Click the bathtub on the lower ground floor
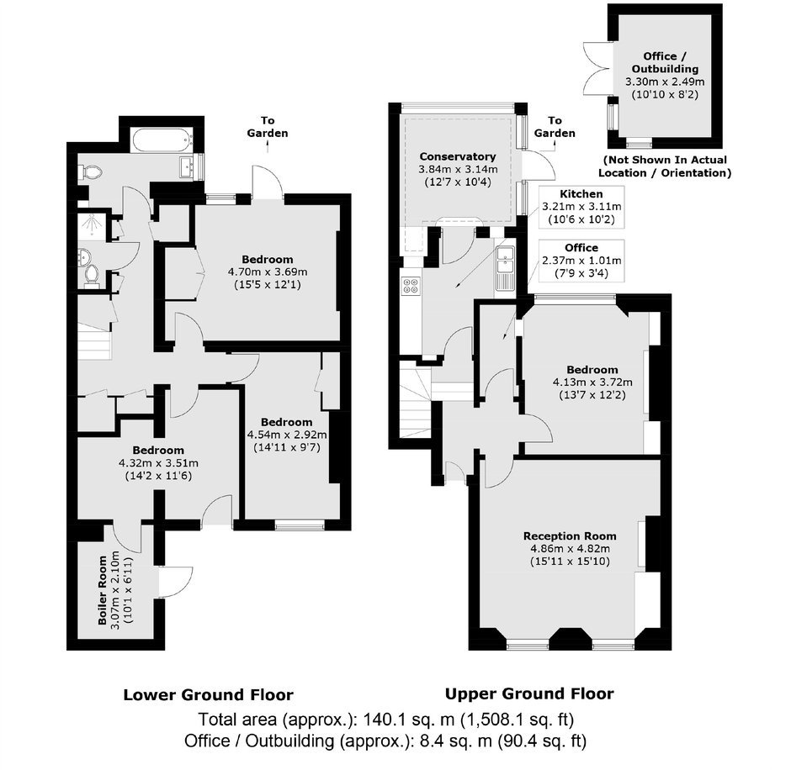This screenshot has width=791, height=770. pos(162,140)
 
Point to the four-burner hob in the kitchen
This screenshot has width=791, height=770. pos(410,286)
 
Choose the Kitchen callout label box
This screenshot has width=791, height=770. pos(581,207)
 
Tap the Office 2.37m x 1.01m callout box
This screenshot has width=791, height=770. pos(581,261)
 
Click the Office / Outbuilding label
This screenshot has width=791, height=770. pos(665,62)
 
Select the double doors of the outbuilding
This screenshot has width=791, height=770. pos(597,69)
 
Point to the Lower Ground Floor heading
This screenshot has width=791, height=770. pos(209,695)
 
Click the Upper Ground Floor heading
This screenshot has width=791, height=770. pos(529,694)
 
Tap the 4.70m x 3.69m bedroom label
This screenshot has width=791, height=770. pos(268,272)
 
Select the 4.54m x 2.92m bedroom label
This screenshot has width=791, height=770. pos(287,435)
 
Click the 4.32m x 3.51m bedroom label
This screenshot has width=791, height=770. pos(158,462)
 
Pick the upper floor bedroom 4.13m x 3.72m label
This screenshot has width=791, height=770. pos(592,382)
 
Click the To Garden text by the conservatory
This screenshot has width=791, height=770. pos(555,126)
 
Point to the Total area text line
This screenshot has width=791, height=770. pos(385,720)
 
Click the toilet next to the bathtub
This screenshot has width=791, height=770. pos(91,172)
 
